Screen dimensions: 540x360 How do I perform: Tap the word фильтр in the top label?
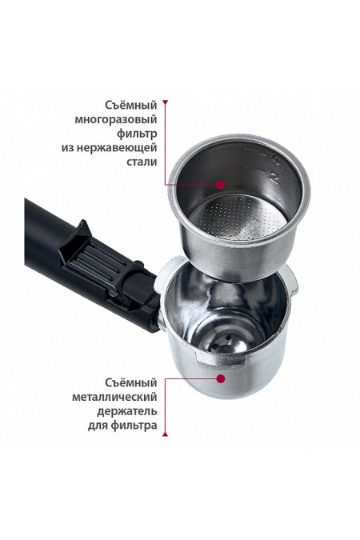point(136,134)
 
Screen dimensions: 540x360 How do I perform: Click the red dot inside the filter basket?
point(222,183)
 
